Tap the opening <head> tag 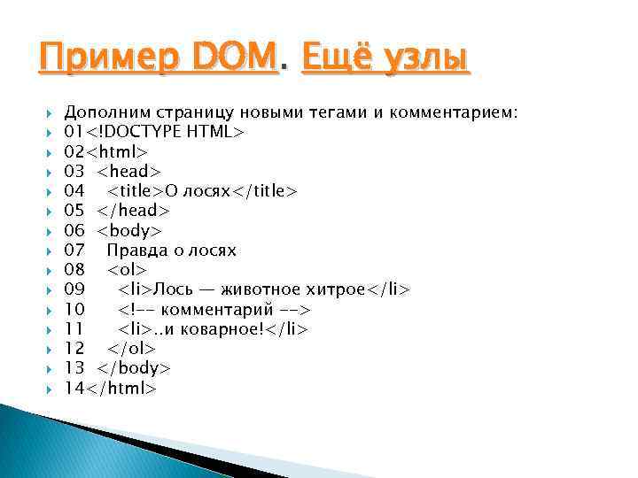point(129,171)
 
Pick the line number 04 point(74,191)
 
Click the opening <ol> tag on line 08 point(128,269)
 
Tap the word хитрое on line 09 point(331,289)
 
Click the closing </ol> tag point(132,349)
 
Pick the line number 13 point(74,368)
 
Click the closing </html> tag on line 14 point(121,388)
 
